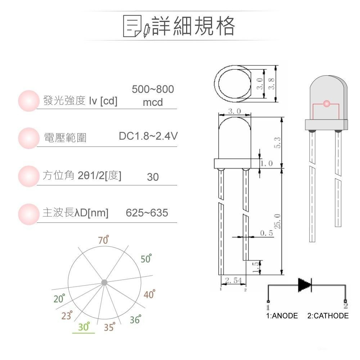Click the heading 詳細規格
pyautogui.click(x=194, y=26)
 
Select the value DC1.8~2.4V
pyautogui.click(x=148, y=136)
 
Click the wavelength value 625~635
pyautogui.click(x=147, y=213)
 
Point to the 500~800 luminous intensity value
pyautogui.click(x=153, y=90)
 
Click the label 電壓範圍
pyautogui.click(x=65, y=138)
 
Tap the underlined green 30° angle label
pyautogui.click(x=84, y=327)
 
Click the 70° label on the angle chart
pyautogui.click(x=104, y=240)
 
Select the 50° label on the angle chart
pyautogui.click(x=146, y=259)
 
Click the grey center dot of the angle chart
pyautogui.click(x=104, y=282)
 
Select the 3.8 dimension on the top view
pyautogui.click(x=272, y=84)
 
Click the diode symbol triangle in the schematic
pyautogui.click(x=304, y=285)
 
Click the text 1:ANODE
pyautogui.click(x=282, y=316)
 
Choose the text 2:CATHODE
pyautogui.click(x=328, y=316)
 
